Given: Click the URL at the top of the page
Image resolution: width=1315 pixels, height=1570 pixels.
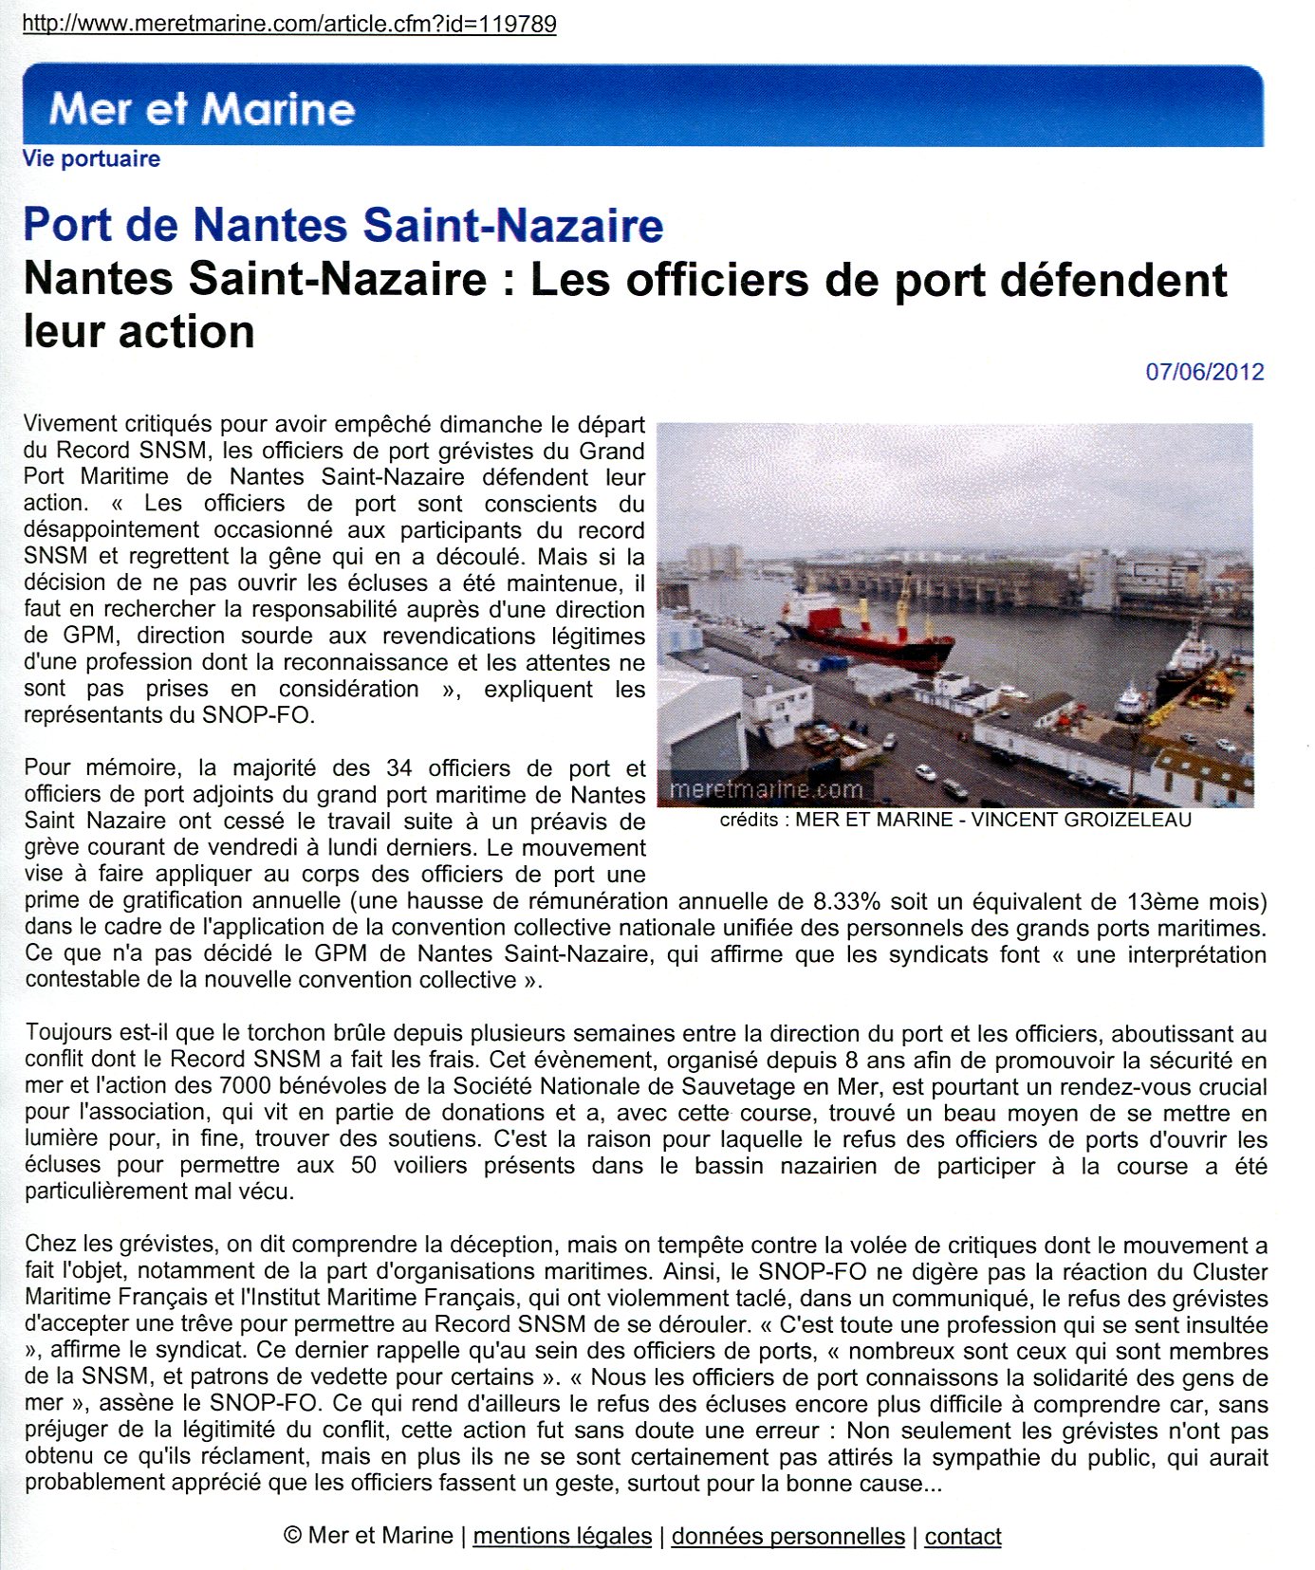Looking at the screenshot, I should click(x=289, y=24).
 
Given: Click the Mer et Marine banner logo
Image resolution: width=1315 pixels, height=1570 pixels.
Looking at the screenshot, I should click(x=202, y=109).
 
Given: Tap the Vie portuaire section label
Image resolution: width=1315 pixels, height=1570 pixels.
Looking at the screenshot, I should click(x=91, y=158).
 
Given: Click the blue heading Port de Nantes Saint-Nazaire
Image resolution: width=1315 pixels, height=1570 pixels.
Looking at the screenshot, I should click(x=343, y=225).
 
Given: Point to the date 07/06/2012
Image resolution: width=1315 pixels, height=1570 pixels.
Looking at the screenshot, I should click(x=1204, y=371).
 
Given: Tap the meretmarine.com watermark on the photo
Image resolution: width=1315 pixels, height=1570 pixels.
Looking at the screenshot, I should click(x=766, y=789).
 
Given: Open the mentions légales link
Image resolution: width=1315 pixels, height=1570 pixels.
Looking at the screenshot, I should click(x=563, y=1536).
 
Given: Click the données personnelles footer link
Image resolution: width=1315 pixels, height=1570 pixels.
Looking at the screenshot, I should click(x=787, y=1536).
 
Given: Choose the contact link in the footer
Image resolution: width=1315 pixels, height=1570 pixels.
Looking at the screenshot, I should click(x=963, y=1536).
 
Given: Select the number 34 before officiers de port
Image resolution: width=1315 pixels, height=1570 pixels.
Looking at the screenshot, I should click(x=399, y=767).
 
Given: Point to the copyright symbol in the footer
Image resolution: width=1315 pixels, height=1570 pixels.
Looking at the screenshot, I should click(x=292, y=1536).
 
